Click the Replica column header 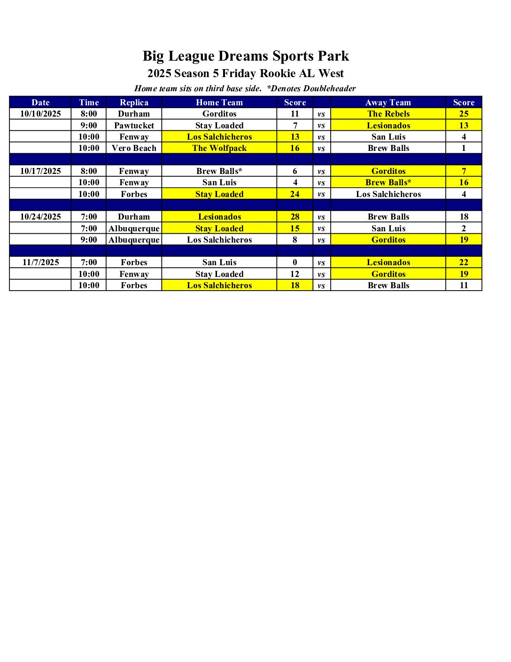coord(134,102)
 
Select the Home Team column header coord(219,102)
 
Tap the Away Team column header coord(388,102)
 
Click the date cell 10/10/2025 coord(40,114)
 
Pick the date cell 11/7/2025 coord(40,262)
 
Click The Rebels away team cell coord(388,114)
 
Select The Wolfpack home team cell coord(219,148)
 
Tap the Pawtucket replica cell coord(134,126)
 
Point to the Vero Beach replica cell coord(134,148)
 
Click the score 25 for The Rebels coord(464,114)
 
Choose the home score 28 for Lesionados coord(295,217)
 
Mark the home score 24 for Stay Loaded coord(295,194)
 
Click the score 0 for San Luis coord(295,262)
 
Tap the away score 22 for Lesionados coord(464,262)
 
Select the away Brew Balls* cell coord(388,182)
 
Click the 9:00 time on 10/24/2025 coord(89,240)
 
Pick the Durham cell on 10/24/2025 coord(134,217)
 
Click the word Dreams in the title coord(244,56)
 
